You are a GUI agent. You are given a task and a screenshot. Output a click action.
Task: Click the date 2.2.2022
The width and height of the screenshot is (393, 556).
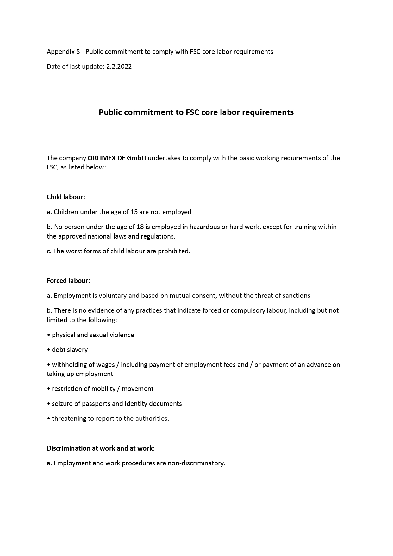click(119, 67)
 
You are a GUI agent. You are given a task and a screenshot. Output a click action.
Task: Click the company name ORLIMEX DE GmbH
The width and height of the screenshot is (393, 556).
click(117, 158)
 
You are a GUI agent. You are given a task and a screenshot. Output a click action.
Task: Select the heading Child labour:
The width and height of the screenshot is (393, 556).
click(66, 197)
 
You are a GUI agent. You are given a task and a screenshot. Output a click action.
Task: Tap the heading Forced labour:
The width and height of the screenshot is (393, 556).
click(68, 281)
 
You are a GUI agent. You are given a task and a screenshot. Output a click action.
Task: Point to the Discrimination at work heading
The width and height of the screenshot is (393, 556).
click(101, 448)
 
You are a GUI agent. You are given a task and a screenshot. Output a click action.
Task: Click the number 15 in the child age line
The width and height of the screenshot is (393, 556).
click(134, 212)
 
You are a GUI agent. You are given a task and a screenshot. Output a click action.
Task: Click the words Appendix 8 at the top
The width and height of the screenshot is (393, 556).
click(63, 52)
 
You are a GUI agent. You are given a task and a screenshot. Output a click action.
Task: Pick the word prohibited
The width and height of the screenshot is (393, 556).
click(174, 251)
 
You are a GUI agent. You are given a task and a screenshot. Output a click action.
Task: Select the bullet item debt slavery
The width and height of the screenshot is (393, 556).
click(70, 350)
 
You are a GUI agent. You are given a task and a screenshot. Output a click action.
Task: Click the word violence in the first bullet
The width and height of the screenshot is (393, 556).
click(122, 335)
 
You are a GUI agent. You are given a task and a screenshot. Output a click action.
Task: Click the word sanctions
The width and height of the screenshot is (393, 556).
click(296, 296)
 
